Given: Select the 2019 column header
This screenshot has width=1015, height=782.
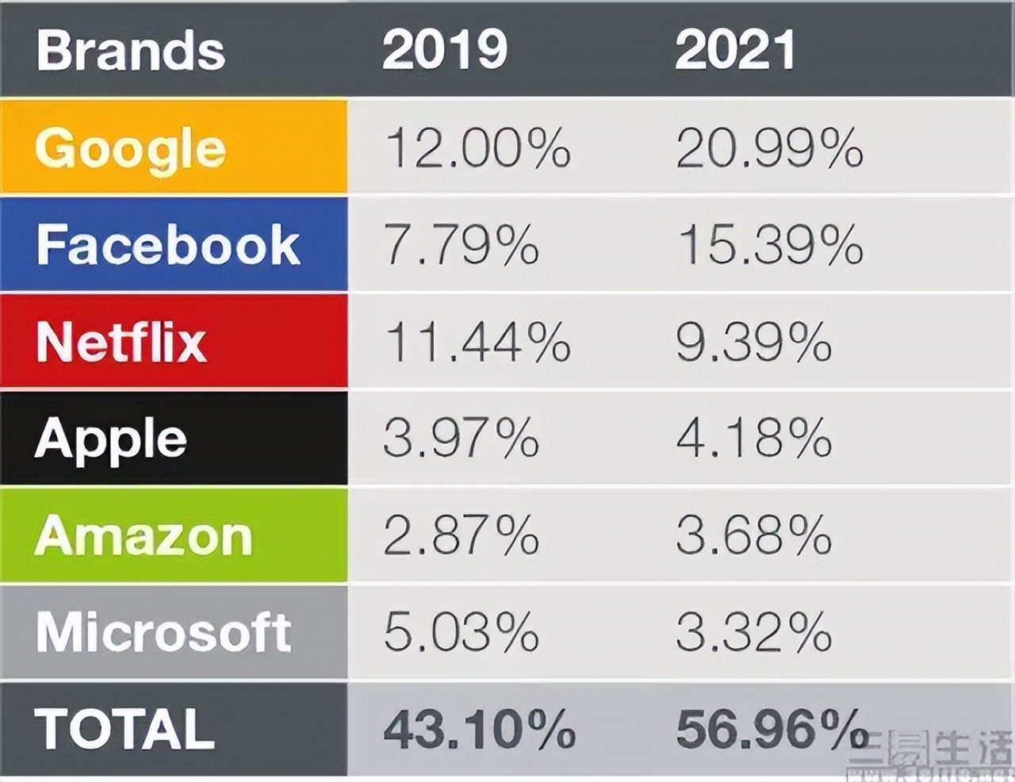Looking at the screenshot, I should pos(444,49).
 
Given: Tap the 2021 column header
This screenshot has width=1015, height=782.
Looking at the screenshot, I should pos(735,49).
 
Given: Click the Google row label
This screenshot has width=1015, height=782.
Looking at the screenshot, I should pos(131,149).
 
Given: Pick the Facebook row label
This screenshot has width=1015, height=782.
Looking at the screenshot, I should pos(168,244).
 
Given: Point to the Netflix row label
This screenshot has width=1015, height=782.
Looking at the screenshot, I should pos(121,342).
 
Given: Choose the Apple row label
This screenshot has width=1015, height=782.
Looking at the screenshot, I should pos(111,439).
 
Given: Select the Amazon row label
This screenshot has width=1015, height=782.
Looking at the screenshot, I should pos(144,536).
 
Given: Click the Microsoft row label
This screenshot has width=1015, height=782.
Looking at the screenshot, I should pos(164,633).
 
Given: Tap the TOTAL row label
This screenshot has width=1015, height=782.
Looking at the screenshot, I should pos(124,729).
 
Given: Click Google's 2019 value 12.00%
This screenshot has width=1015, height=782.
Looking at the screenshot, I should pos(477,148).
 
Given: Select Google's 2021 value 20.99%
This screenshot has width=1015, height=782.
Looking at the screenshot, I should pos(769,148).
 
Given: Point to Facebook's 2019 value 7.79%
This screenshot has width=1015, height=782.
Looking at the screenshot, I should pos(462,244).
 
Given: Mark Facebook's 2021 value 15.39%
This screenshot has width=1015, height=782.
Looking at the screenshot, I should pos(769,244).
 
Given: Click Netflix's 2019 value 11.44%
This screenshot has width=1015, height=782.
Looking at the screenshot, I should pos(477,342).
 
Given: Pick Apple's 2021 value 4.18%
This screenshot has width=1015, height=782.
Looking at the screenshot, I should pos(753,439).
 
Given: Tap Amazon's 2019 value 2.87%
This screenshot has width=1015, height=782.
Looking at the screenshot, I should pos(462,536).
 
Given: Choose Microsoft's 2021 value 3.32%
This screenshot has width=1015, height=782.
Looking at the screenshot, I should pos(753,633).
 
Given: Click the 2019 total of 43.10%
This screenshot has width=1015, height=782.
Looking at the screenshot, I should pos(479,729).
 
